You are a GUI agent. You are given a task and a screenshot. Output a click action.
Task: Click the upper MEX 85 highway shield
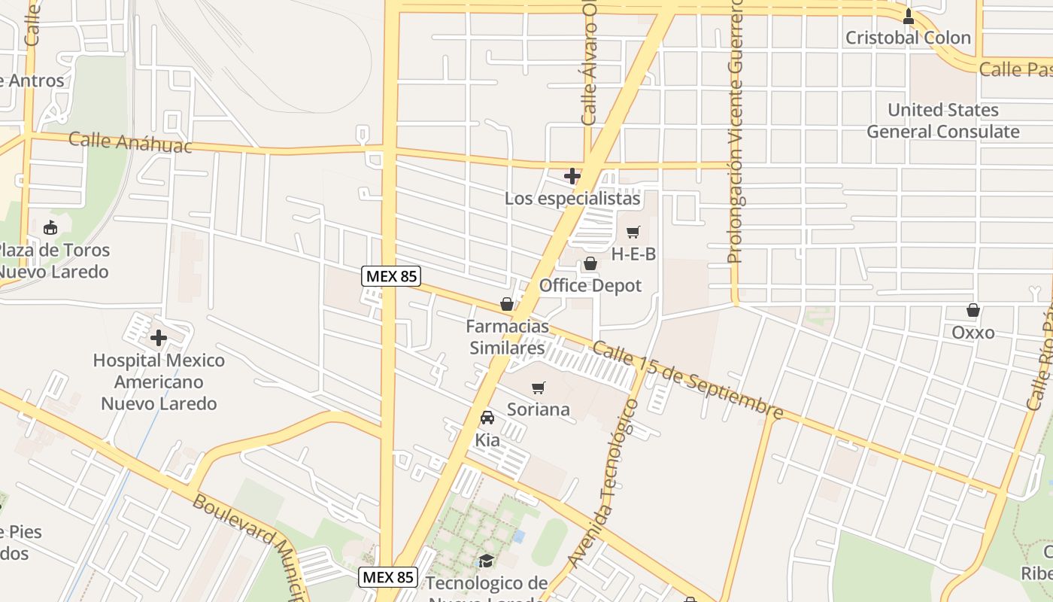pyautogui.click(x=390, y=276)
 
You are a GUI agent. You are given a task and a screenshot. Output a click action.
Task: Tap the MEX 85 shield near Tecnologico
pyautogui.click(x=387, y=577)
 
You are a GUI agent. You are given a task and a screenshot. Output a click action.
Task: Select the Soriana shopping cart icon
pyautogui.click(x=538, y=388)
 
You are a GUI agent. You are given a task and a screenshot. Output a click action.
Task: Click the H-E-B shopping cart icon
pyautogui.click(x=633, y=233)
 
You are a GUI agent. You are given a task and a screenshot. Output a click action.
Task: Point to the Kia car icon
pyautogui.click(x=487, y=418)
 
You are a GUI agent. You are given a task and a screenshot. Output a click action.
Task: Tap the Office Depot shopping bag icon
pyautogui.click(x=590, y=264)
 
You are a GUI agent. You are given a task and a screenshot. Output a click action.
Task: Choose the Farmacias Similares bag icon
pyautogui.click(x=507, y=305)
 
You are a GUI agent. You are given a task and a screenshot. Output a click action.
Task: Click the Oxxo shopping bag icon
pyautogui.click(x=973, y=310)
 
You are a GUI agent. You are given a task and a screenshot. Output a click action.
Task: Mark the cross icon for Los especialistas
pyautogui.click(x=572, y=176)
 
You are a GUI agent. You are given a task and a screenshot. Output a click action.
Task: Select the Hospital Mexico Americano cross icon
pyautogui.click(x=159, y=338)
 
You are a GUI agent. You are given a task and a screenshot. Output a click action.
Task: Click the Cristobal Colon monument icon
pyautogui.click(x=909, y=16)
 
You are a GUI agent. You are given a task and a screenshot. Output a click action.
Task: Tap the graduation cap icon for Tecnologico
pyautogui.click(x=487, y=561)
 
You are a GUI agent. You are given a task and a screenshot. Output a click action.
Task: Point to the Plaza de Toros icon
pyautogui.click(x=50, y=227)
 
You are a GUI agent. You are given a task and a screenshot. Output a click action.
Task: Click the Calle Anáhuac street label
pyautogui.click(x=130, y=141)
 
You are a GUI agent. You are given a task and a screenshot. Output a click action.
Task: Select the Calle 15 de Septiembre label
pyautogui.click(x=687, y=380)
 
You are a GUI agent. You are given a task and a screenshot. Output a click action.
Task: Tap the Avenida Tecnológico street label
pyautogui.click(x=603, y=483)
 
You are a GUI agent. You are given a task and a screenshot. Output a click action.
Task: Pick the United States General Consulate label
pyautogui.click(x=943, y=120)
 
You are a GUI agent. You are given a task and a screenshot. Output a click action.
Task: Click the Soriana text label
pyautogui.click(x=539, y=409)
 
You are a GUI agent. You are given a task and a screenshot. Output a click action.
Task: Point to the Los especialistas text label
pyautogui.click(x=572, y=199)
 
